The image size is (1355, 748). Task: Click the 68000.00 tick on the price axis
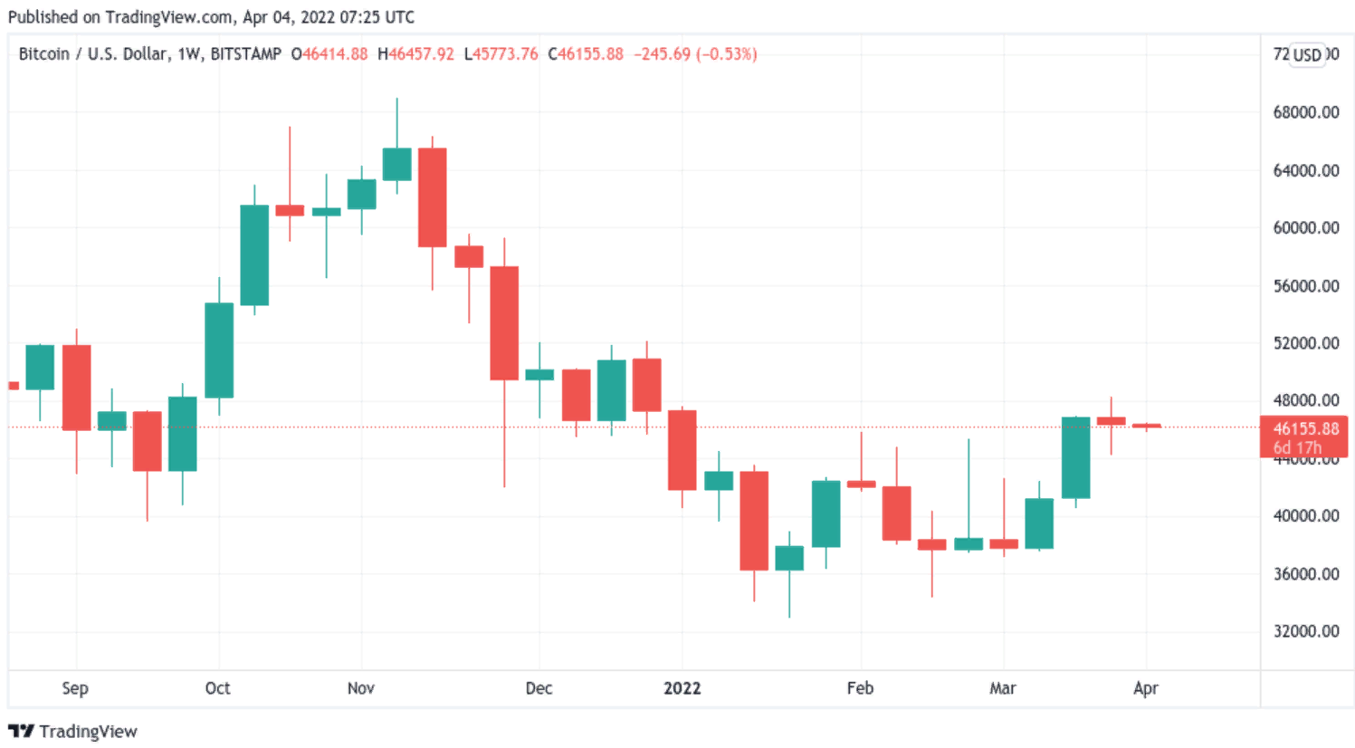[x=1305, y=112]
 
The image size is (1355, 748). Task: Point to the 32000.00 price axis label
[x=1305, y=631]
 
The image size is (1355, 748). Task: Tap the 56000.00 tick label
[x=1305, y=286]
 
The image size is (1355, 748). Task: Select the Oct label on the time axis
[x=217, y=688]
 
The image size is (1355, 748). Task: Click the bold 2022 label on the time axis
[x=682, y=688]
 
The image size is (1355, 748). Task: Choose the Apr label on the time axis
[x=1145, y=688]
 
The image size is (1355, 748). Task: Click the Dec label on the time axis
[x=539, y=688]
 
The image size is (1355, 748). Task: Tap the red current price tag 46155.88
[x=1305, y=429]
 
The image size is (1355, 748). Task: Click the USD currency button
[x=1307, y=55]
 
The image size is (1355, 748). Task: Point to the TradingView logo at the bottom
[x=72, y=732]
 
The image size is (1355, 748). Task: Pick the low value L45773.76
[x=501, y=54]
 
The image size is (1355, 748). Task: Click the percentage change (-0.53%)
[x=727, y=54]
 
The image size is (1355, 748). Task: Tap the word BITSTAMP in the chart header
[x=245, y=54]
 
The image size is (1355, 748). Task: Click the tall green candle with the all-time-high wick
[x=396, y=164]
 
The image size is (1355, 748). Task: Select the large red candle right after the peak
[x=432, y=197]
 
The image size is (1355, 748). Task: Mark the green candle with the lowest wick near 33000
[x=789, y=558]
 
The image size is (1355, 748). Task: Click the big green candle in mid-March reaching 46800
[x=1075, y=457]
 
